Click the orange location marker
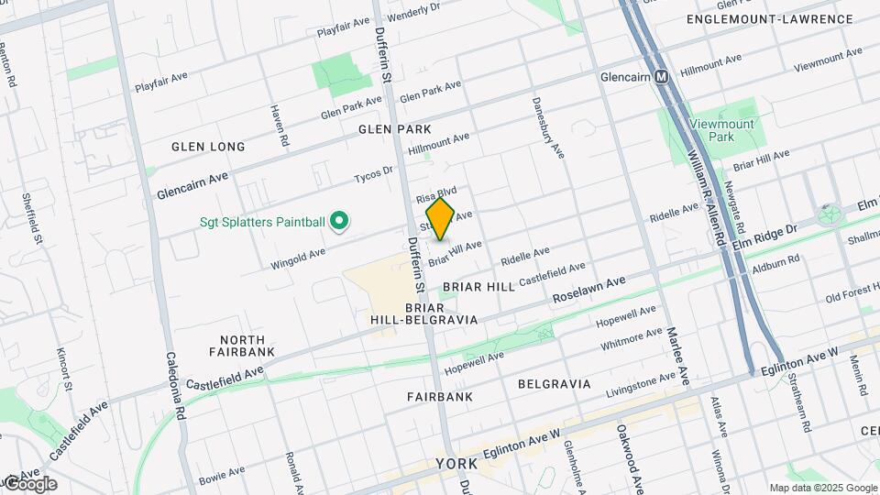pyautogui.click(x=440, y=219)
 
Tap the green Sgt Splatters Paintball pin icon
pyautogui.click(x=338, y=221)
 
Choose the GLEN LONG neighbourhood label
pyautogui.click(x=208, y=147)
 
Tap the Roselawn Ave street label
pyautogui.click(x=588, y=291)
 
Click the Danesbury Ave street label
pyautogui.click(x=548, y=126)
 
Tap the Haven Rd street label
pyautogui.click(x=279, y=126)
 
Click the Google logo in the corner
pyautogui.click(x=29, y=483)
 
